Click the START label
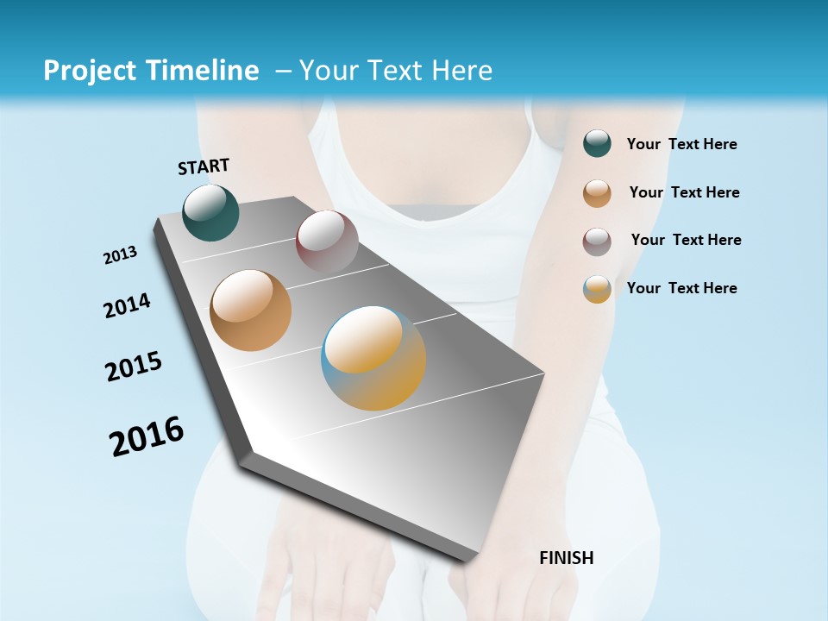pos(204,166)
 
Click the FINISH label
pos(566,558)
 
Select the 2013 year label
pos(120,255)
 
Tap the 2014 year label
pos(127,306)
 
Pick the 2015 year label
pos(134,367)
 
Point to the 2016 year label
pos(147,436)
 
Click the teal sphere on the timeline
pos(210,212)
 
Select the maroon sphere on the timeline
pos(327,241)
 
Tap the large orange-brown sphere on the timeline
pos(250,310)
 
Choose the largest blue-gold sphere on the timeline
pos(373,358)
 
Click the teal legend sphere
pos(597,144)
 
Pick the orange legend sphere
pos(597,193)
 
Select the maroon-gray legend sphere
pos(597,241)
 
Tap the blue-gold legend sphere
pos(597,289)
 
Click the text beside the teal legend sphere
pos(681,145)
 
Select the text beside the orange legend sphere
pos(684,192)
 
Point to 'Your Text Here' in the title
pos(396,71)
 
